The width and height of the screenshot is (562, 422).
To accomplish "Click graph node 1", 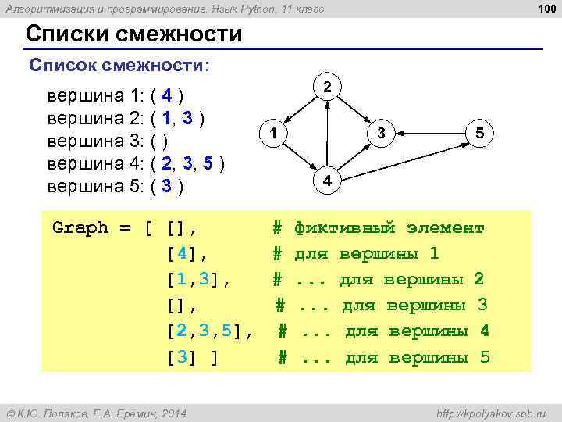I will [x=272, y=134].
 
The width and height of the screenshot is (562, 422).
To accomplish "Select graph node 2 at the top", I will [x=328, y=86].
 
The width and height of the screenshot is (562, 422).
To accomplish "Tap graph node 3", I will [x=380, y=134].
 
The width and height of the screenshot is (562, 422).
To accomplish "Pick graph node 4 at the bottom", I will [x=328, y=181].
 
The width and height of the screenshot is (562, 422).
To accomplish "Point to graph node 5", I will [x=479, y=134].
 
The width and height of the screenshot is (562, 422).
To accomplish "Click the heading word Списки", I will [x=69, y=35].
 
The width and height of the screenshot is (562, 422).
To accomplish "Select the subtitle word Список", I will [x=62, y=65].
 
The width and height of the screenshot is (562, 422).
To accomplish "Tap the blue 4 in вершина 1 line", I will [x=168, y=97].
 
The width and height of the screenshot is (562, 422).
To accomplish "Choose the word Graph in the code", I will [x=80, y=228].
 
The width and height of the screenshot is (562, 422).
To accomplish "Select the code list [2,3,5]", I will [x=205, y=331].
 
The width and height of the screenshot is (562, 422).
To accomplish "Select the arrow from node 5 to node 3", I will [x=429, y=134].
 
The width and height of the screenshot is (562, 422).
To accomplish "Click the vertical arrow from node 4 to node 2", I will [x=328, y=134].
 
